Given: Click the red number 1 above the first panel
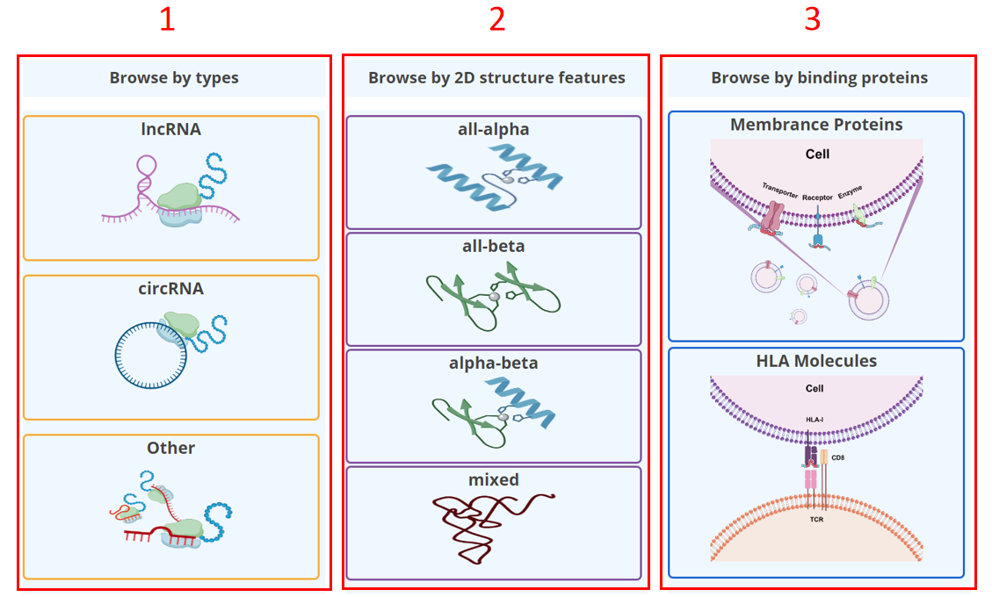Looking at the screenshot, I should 167,20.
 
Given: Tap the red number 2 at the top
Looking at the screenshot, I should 497,20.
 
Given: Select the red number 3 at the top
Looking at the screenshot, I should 813,20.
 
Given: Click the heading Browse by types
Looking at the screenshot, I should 174,78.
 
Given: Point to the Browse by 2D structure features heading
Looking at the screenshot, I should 496,78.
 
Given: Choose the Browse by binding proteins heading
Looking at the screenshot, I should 819,78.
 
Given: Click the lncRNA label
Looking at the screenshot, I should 171,129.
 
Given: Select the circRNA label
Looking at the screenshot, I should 171,288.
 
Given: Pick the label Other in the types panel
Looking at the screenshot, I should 171,448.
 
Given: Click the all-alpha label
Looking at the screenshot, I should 494,129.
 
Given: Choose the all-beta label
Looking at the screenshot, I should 494,246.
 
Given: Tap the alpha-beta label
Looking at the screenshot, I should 494,363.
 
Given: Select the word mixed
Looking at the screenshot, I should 494,479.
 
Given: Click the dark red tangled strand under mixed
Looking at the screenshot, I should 488,527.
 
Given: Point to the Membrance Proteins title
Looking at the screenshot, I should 816,125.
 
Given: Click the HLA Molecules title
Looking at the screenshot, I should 816,361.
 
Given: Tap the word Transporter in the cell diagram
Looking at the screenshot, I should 779,190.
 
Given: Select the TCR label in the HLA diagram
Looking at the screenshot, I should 815,520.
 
